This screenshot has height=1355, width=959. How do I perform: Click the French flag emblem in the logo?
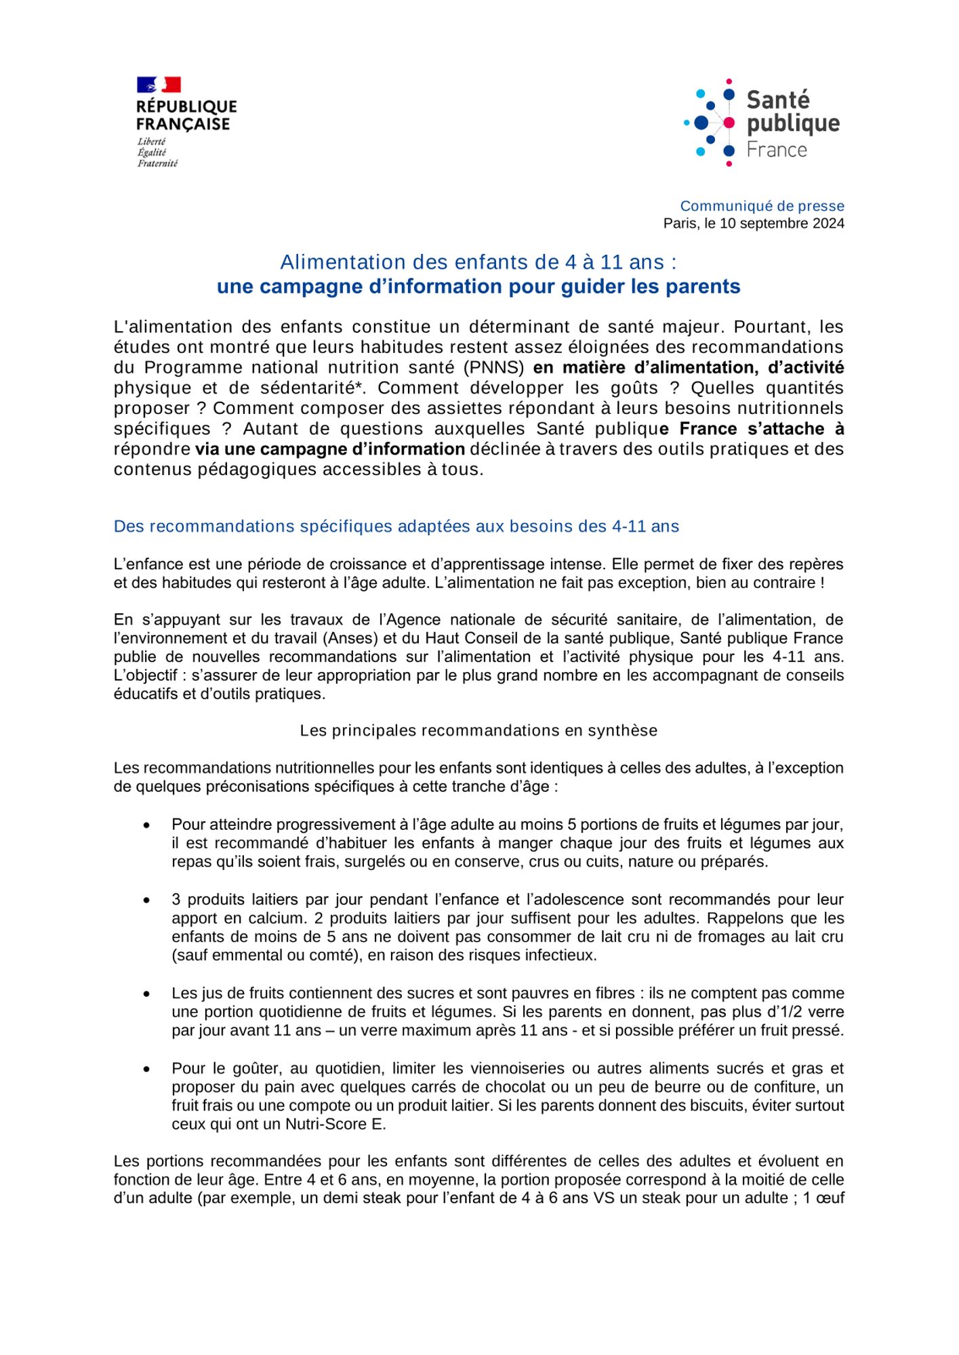coord(159,85)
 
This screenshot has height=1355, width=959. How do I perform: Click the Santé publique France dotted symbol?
coord(710,123)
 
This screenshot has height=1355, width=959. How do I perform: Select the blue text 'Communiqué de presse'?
coord(762,206)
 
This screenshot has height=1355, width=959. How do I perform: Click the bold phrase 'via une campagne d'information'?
coord(330,449)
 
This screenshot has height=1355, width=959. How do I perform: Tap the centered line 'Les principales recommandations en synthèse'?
coord(478,730)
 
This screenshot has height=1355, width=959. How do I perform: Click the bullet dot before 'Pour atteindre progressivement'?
coord(146,825)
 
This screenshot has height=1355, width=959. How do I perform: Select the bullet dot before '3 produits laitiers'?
coord(146,900)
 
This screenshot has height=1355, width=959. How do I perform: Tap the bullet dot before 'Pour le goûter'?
coord(146,1069)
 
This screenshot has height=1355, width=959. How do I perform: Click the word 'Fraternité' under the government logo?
coord(157,163)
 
